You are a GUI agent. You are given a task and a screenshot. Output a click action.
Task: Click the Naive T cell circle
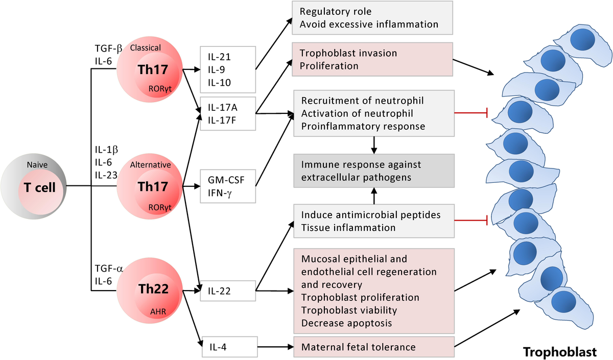click(x=36, y=186)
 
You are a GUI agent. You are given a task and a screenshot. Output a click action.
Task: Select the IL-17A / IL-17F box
click(x=227, y=113)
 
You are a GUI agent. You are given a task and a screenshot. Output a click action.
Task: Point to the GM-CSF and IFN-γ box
click(x=227, y=186)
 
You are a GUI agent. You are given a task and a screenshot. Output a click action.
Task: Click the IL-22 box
click(x=227, y=292)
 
